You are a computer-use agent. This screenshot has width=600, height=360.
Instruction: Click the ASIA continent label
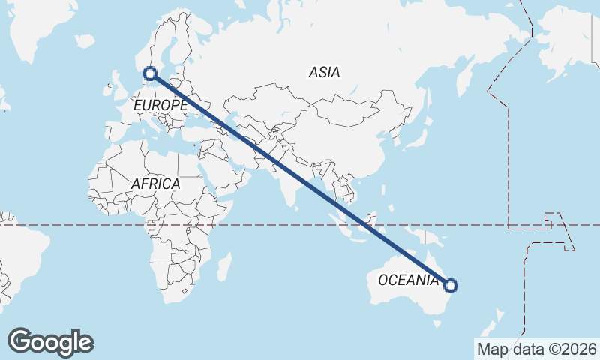coord(324,73)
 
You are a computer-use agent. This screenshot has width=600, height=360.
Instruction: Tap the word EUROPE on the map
coord(160,106)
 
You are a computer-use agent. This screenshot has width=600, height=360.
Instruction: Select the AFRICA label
coord(155,184)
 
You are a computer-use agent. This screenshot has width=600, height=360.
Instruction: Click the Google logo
coord(51,342)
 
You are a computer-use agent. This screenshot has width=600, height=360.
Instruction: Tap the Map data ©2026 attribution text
coord(537,349)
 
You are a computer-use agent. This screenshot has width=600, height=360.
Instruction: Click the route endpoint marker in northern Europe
coord(150,73)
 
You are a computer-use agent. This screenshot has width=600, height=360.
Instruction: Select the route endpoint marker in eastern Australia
coord(451,285)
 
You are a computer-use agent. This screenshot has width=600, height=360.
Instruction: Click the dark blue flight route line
coord(300,179)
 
